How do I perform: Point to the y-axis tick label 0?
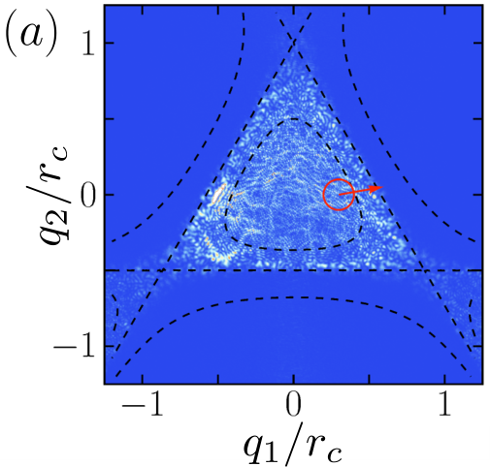coord(88,195)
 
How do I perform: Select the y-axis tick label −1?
coord(76,346)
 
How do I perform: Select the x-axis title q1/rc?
coord(293,449)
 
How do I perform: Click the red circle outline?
coord(324,195)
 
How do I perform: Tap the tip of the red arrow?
coord(383,187)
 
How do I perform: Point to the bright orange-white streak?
coord(217,194)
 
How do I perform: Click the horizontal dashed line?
coord(294,270)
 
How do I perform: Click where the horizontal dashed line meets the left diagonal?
coord(162,270)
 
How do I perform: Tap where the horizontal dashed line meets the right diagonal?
coord(425,270)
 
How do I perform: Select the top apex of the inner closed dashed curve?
coord(294,119)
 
